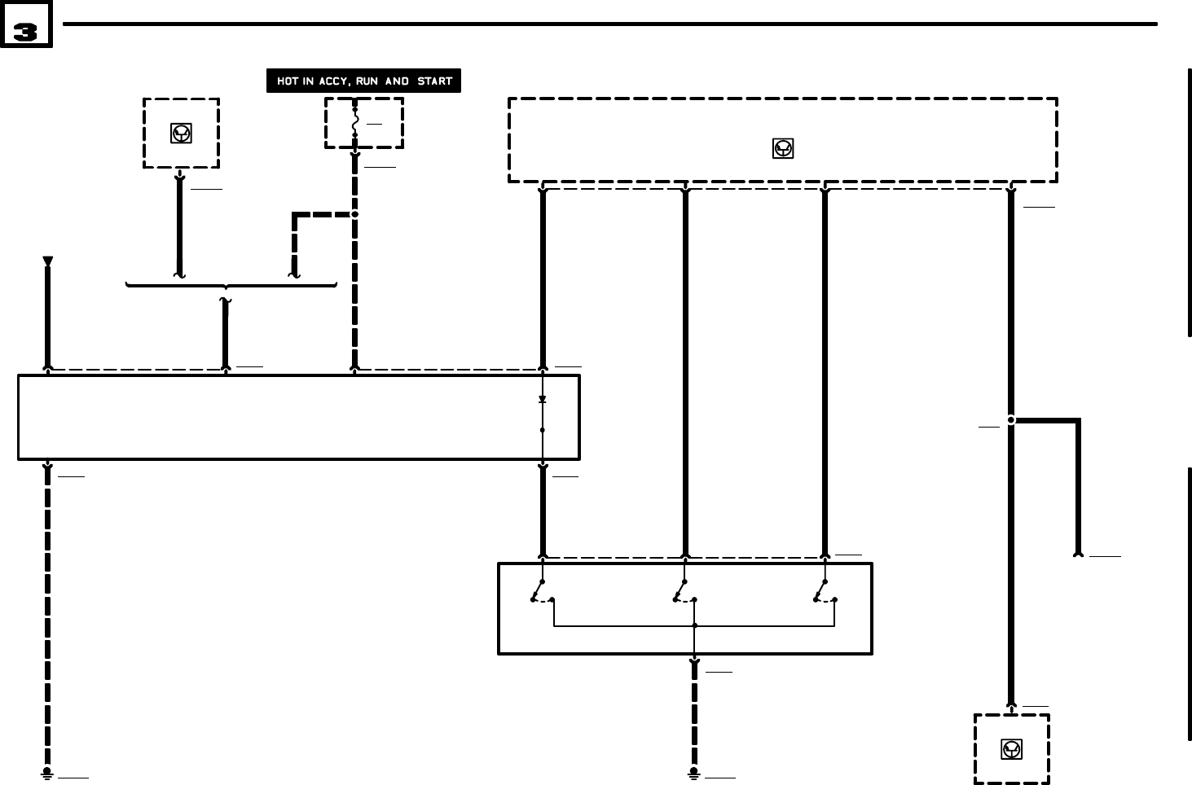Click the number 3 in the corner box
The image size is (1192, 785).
[25, 32]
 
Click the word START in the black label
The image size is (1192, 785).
[434, 81]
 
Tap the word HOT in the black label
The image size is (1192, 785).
[288, 81]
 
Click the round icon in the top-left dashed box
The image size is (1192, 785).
[181, 134]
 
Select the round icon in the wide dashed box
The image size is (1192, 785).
[782, 148]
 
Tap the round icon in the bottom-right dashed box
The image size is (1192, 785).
[1011, 749]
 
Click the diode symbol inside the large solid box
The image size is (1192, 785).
[543, 400]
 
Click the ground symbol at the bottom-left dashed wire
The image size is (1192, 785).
[47, 772]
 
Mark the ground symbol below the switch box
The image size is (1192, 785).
[693, 772]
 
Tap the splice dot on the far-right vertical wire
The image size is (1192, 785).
[1011, 420]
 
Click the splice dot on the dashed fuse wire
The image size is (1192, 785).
[354, 214]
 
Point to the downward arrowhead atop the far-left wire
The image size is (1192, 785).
[47, 261]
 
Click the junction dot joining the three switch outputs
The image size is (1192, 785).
[694, 625]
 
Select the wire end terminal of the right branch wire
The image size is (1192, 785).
[1078, 554]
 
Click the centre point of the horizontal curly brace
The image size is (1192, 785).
[226, 287]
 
